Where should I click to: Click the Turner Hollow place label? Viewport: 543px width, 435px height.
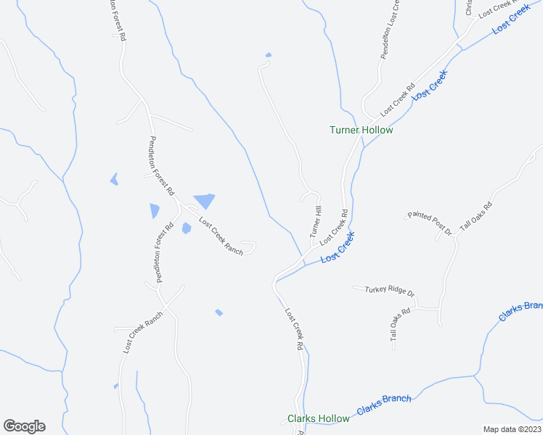point(361,130)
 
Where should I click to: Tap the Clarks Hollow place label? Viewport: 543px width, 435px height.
point(318,418)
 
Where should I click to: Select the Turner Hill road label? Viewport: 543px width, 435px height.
point(315,221)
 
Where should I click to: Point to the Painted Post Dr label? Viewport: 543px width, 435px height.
point(429,223)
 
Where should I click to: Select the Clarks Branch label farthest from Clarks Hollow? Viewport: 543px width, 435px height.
point(520,311)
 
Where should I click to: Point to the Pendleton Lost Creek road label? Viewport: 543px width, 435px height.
point(391,29)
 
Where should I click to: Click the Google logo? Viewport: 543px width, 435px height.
point(24,426)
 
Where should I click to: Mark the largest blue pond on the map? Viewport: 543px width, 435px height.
point(204,201)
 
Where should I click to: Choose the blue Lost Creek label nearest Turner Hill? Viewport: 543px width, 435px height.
point(338,248)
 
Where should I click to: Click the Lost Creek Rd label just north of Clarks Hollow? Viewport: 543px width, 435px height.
point(293,330)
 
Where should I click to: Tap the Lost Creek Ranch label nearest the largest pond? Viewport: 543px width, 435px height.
point(221,236)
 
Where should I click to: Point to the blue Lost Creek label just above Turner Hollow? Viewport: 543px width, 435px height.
point(429,86)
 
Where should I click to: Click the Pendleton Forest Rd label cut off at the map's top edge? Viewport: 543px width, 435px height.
point(118,20)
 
